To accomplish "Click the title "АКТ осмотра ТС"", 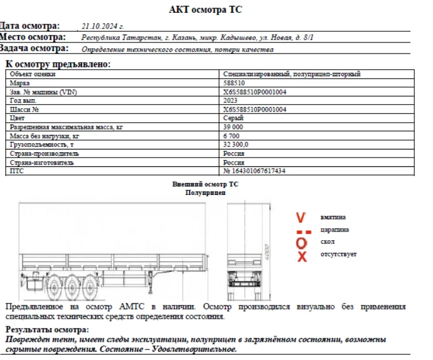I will pyautogui.click(x=205, y=10).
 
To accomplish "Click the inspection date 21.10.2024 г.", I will pyautogui.click(x=103, y=26).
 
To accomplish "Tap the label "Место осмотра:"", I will pyautogui.click(x=33, y=37).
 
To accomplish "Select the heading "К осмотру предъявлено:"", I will pyautogui.click(x=58, y=64).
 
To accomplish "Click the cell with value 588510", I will pyautogui.click(x=234, y=83).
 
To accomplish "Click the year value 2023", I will pyautogui.click(x=231, y=101).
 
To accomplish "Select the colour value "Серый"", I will pyautogui.click(x=233, y=118).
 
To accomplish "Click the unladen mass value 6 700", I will pyautogui.click(x=232, y=136).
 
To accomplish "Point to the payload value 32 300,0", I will pyautogui.click(x=236, y=144).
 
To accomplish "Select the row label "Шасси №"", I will pyautogui.click(x=25, y=109).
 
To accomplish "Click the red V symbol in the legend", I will pyautogui.click(x=300, y=218).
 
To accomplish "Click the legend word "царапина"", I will pyautogui.click(x=334, y=230).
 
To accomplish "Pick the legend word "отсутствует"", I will pyautogui.click(x=338, y=254).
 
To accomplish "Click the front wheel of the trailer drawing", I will pyautogui.click(x=54, y=285).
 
